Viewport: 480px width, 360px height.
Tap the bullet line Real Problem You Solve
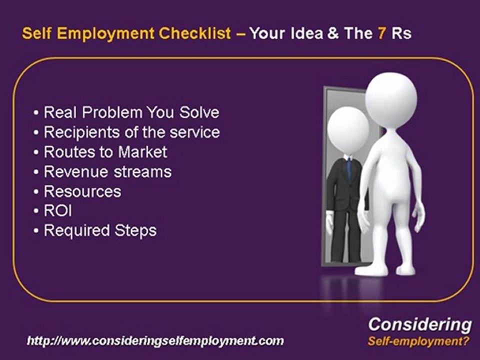click(x=131, y=112)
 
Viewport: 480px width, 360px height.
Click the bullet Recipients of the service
click(x=132, y=132)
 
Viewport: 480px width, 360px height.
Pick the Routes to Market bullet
click(x=105, y=151)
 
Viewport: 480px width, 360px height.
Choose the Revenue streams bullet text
click(x=107, y=171)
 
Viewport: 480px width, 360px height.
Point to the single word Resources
click(x=82, y=191)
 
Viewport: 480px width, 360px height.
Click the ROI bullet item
click(x=58, y=211)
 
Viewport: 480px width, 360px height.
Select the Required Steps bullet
click(x=100, y=230)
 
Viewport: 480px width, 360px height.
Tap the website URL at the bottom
click(x=155, y=341)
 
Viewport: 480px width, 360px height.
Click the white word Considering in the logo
click(x=419, y=324)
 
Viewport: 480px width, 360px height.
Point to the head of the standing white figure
click(x=390, y=97)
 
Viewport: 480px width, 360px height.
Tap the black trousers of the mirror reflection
click(x=345, y=235)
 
